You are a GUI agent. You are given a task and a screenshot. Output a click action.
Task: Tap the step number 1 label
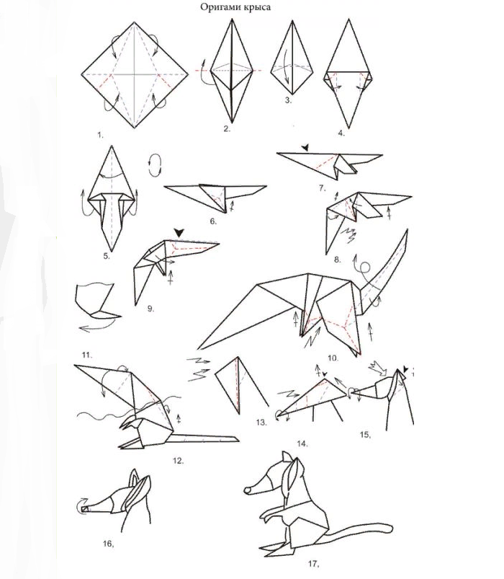point(100,135)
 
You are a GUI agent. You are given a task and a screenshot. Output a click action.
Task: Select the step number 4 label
point(341,133)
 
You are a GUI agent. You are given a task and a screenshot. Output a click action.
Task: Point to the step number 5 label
point(107,256)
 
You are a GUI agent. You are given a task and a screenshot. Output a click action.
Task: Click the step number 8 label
point(338,260)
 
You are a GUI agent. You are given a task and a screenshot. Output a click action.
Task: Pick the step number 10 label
point(333,358)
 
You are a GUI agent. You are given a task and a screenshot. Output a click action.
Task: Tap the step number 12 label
point(178,461)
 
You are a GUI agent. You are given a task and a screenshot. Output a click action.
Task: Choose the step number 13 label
point(261,422)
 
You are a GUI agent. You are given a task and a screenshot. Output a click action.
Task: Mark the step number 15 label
point(365,435)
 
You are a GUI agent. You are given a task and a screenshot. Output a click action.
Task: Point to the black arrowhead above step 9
point(179,233)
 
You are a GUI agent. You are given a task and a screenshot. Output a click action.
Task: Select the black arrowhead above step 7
point(305,148)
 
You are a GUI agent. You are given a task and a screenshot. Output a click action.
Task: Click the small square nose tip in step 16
point(85,509)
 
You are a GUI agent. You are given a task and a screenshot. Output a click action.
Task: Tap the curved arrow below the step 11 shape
point(96,327)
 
